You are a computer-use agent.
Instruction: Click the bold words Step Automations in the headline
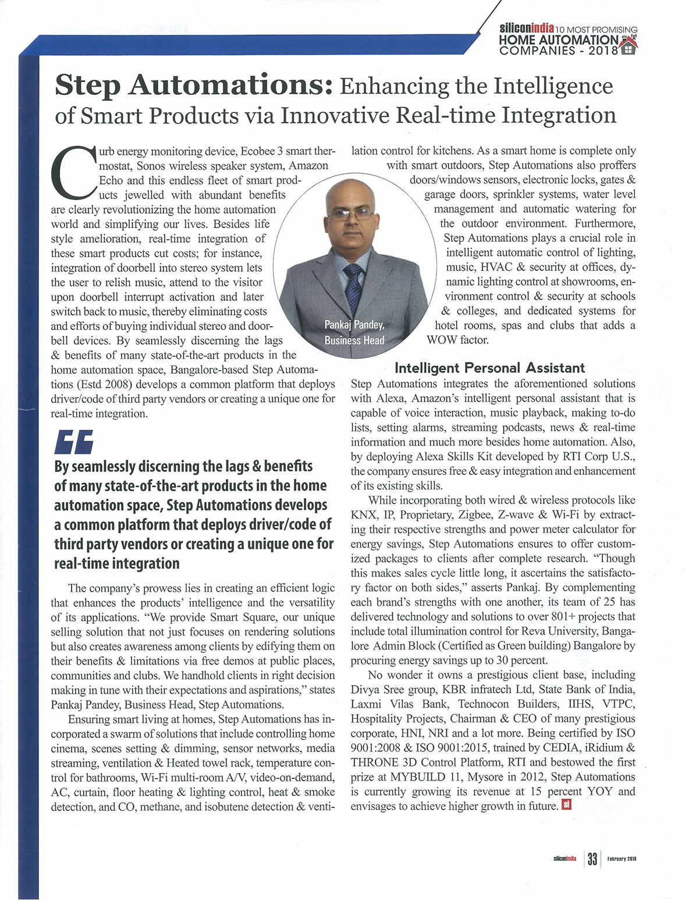193,86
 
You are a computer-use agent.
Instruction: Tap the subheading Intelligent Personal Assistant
489,368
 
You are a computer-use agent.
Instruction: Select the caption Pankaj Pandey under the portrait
354,325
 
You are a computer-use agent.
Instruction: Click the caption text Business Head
354,340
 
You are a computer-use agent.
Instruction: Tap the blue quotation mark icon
74,442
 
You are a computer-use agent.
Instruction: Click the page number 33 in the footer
592,859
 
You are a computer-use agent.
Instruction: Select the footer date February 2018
622,859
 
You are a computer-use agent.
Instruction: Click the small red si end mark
566,806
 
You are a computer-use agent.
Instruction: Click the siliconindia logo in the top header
526,28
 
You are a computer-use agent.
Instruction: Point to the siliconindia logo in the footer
565,859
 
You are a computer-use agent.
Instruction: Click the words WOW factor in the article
457,340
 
